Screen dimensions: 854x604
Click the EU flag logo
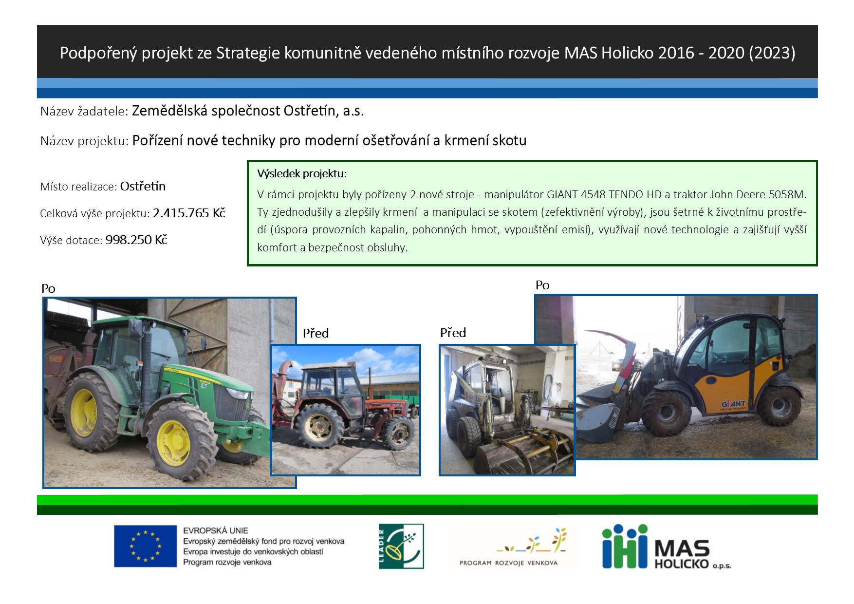point(145,546)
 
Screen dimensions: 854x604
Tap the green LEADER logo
point(401,546)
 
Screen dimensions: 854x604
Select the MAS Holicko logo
point(667,547)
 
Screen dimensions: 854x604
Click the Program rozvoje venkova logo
point(509,547)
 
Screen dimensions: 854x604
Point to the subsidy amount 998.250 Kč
point(136,240)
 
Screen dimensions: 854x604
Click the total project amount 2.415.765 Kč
point(189,213)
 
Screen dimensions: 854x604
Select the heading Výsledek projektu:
point(302,173)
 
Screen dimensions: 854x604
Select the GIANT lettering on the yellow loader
point(733,404)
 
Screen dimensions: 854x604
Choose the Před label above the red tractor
point(316,333)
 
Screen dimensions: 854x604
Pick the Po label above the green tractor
point(48,289)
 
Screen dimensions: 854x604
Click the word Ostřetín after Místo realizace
point(143,186)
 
